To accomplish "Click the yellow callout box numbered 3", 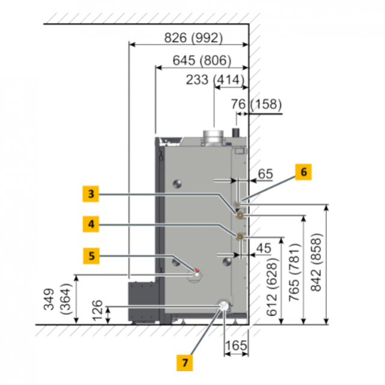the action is (x=91, y=194).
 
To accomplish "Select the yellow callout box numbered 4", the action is (x=91, y=224).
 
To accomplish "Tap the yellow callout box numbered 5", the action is (x=91, y=256).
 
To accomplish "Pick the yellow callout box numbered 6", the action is (x=303, y=172).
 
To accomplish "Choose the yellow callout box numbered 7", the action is (x=184, y=363).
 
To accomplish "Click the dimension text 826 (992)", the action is (x=193, y=38).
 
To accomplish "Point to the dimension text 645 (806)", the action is (x=202, y=61).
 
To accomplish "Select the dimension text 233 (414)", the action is (x=215, y=80).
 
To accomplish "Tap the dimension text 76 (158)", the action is (x=256, y=104).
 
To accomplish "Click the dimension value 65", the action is (x=265, y=174).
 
